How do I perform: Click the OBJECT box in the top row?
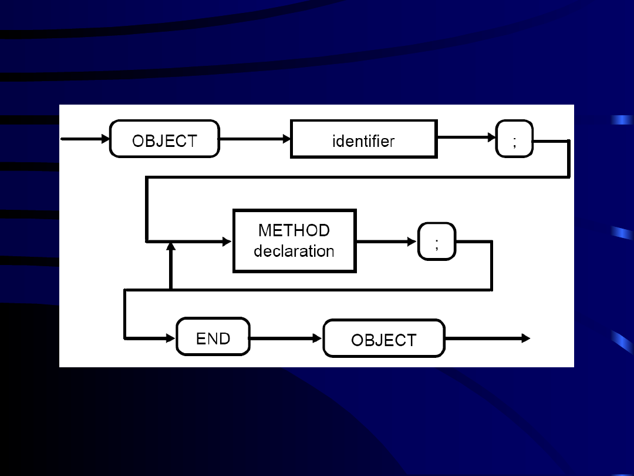click(x=164, y=139)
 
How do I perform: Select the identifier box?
click(x=363, y=139)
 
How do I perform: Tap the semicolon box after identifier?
click(x=514, y=139)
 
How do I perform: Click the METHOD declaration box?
click(x=294, y=241)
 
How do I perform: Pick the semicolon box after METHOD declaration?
click(x=436, y=241)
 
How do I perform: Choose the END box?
click(x=213, y=337)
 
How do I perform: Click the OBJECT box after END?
click(x=384, y=338)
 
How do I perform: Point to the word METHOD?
click(x=294, y=230)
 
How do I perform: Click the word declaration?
click(x=294, y=251)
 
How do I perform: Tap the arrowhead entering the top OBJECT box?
click(x=106, y=139)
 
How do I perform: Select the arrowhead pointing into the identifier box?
click(x=287, y=139)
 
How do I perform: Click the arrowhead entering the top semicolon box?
click(x=492, y=138)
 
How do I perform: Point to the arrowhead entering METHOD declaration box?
click(x=229, y=241)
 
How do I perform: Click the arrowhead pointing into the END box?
click(x=172, y=338)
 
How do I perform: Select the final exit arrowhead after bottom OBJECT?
click(x=526, y=338)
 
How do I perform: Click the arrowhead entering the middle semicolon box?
click(x=414, y=241)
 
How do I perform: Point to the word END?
click(x=213, y=338)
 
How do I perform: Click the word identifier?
click(x=363, y=141)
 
